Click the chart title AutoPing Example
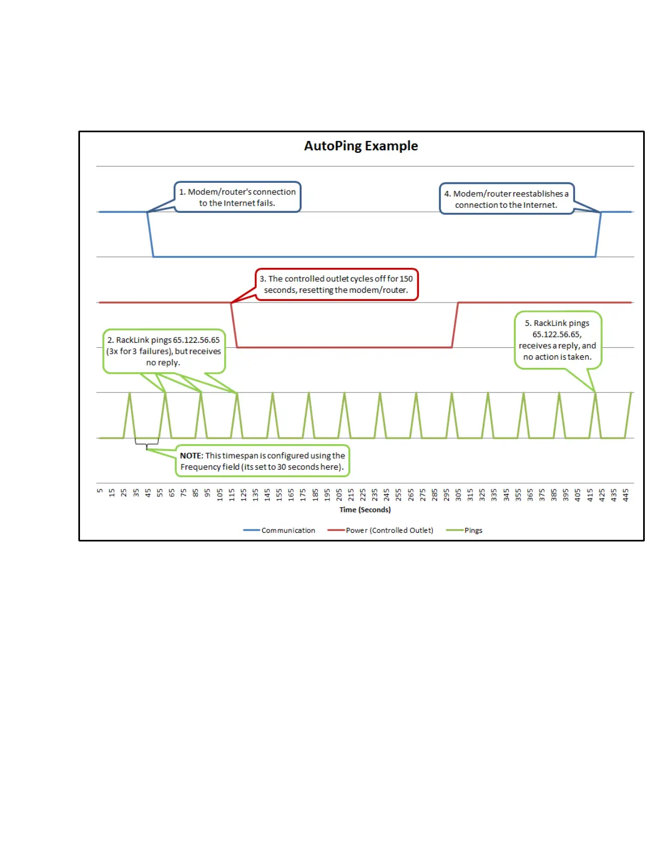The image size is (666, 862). click(x=361, y=146)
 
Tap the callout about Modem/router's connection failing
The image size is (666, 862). click(x=237, y=197)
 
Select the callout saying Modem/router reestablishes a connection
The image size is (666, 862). click(x=506, y=199)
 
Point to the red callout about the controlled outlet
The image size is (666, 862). click(x=336, y=284)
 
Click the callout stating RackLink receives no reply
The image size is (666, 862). click(x=164, y=351)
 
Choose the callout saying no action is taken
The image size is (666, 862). click(x=557, y=340)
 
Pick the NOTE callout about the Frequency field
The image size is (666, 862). click(x=262, y=461)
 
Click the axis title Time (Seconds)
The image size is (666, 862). click(x=365, y=509)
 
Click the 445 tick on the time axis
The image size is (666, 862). click(x=626, y=494)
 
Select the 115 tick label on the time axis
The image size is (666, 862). click(x=231, y=494)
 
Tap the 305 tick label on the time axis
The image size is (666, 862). click(x=458, y=494)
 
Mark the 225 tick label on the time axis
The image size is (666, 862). click(x=363, y=494)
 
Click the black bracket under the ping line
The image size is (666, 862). click(x=147, y=443)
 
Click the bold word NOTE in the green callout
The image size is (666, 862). click(x=191, y=455)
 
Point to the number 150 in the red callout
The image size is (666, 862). click(x=406, y=279)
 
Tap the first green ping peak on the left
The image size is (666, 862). click(x=129, y=394)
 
